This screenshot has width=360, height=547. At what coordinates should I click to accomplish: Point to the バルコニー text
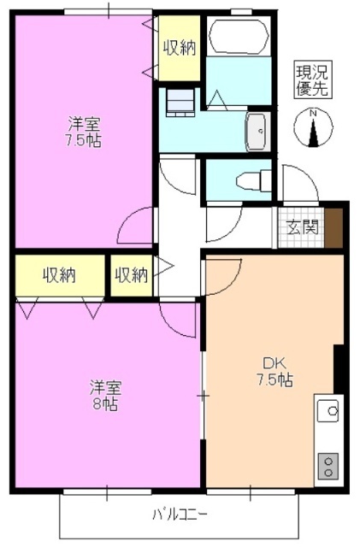point(180,515)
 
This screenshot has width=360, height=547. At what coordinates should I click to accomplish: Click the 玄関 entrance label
point(302,228)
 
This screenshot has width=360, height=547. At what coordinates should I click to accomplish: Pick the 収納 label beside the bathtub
point(180,48)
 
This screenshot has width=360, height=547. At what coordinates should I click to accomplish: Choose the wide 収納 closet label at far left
point(59,275)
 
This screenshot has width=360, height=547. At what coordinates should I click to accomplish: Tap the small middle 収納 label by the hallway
point(131,275)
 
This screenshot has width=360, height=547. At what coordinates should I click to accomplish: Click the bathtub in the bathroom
point(238,34)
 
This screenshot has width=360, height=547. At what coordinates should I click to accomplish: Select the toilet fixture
point(252,180)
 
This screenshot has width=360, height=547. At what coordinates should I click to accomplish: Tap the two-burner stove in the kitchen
point(328,464)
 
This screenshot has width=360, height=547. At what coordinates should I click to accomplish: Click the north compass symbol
point(314,128)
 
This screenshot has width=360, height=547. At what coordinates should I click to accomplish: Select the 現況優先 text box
point(313,79)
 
